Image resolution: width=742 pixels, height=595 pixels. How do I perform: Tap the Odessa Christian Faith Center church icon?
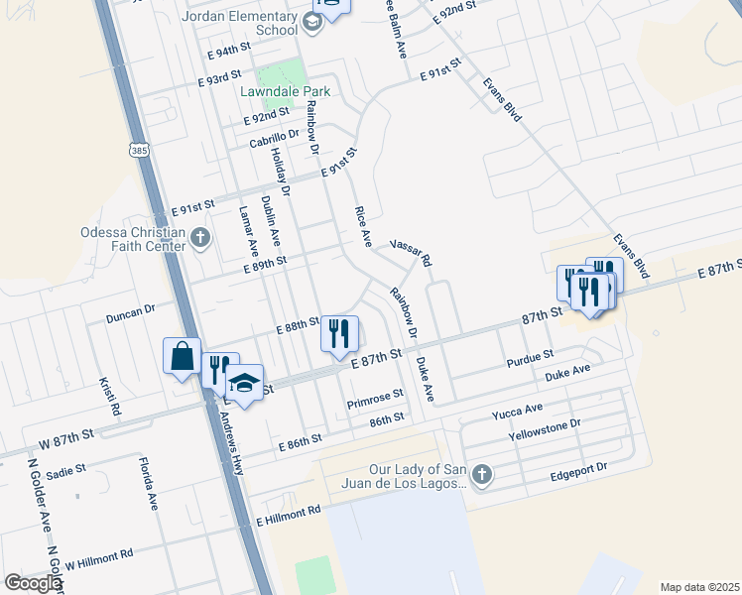coord(200,237)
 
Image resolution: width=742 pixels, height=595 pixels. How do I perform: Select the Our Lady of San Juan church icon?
coord(481,472)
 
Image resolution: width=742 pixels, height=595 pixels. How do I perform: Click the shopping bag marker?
coord(183,356)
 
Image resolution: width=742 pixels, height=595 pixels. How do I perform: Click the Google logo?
coord(33,583)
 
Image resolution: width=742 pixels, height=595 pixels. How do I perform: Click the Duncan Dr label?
coord(131,310)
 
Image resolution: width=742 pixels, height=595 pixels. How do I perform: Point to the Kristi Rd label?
coord(108,396)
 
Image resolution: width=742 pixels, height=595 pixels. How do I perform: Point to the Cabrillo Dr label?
coord(274,140)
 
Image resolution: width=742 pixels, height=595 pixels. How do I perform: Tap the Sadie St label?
coord(66,472)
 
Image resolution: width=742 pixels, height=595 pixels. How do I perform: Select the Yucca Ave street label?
coord(518,409)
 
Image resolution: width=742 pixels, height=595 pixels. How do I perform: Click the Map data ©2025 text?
coord(699,587)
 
